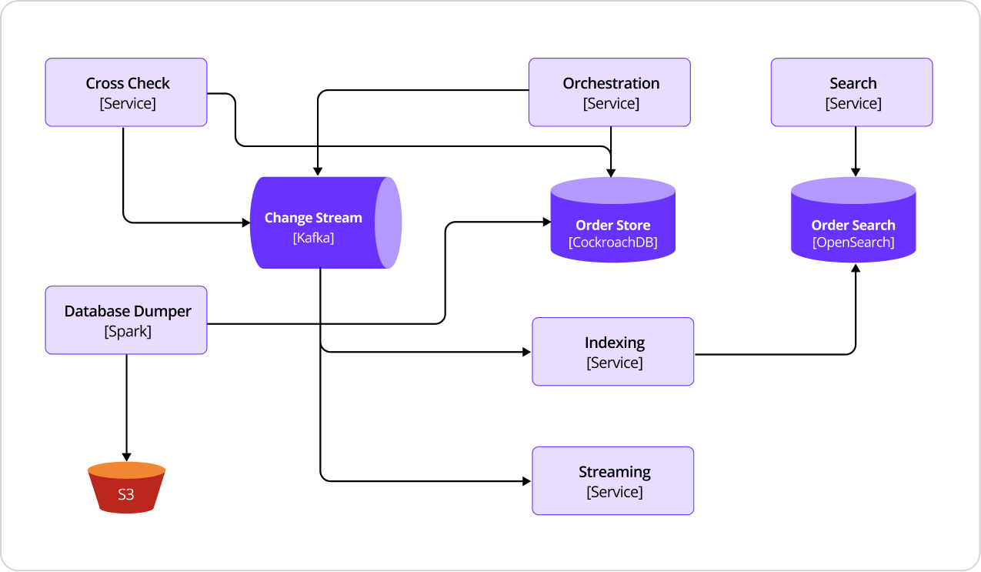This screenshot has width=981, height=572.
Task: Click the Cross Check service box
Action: (x=126, y=92)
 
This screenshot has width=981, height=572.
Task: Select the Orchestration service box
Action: (x=609, y=92)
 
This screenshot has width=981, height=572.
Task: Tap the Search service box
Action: (x=852, y=92)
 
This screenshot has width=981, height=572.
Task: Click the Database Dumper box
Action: (x=126, y=320)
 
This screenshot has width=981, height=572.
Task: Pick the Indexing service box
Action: (x=612, y=352)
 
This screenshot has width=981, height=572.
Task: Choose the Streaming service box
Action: (x=612, y=481)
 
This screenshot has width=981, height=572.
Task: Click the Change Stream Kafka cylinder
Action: (x=315, y=223)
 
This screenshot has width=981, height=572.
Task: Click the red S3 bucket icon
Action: (x=126, y=493)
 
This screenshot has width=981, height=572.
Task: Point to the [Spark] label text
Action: (x=128, y=332)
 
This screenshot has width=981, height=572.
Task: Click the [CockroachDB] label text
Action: (x=612, y=243)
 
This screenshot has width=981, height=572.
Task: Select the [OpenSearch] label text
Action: (x=853, y=243)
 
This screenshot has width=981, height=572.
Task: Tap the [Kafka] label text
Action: (x=313, y=238)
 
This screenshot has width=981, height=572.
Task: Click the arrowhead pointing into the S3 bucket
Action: (x=126, y=456)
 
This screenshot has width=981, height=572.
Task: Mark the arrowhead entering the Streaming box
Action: (x=526, y=481)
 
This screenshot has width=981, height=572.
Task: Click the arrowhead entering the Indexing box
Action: (x=526, y=352)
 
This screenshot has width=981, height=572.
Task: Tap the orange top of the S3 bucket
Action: (x=126, y=470)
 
